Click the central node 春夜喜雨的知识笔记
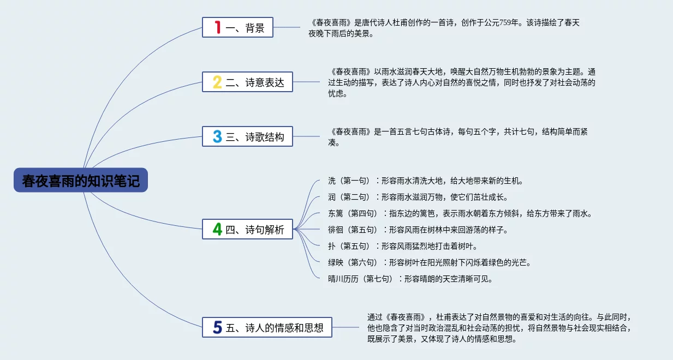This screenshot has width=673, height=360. [81, 180]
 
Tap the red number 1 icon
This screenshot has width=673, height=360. [218, 27]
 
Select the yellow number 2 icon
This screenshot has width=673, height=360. [217, 82]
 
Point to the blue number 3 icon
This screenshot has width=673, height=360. [217, 136]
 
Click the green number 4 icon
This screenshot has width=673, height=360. [217, 230]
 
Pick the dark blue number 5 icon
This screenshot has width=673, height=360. [218, 328]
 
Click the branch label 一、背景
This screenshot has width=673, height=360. [245, 28]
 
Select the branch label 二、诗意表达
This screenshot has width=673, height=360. [255, 82]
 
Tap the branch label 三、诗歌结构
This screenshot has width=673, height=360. [255, 137]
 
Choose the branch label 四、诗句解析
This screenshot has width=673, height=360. [255, 230]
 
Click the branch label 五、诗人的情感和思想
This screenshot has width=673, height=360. [275, 328]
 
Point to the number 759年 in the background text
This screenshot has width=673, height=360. [509, 23]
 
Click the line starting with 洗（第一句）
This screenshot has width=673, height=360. [426, 181]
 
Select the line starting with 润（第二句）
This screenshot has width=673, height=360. [418, 197]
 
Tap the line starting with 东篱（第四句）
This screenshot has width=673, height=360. [460, 213]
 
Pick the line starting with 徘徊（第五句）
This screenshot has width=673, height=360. [418, 230]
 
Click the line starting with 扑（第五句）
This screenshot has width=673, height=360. [403, 246]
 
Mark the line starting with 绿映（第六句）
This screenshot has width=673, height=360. [430, 263]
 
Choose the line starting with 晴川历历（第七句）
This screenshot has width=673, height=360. [410, 279]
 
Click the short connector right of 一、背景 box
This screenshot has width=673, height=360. [287, 27]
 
